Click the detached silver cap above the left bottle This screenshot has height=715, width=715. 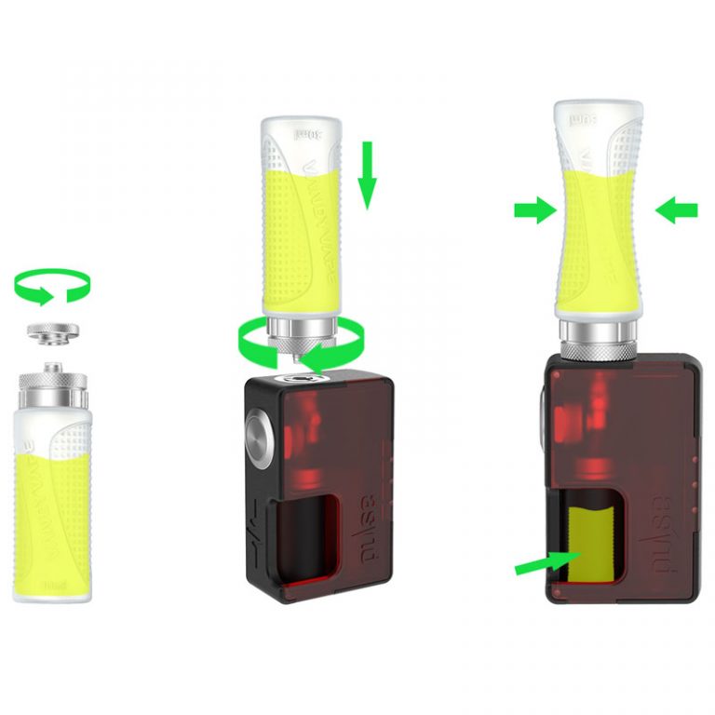pos(53,332)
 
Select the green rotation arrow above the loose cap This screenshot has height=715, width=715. pos(53,286)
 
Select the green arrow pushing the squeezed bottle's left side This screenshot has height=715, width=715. pos(533,211)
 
